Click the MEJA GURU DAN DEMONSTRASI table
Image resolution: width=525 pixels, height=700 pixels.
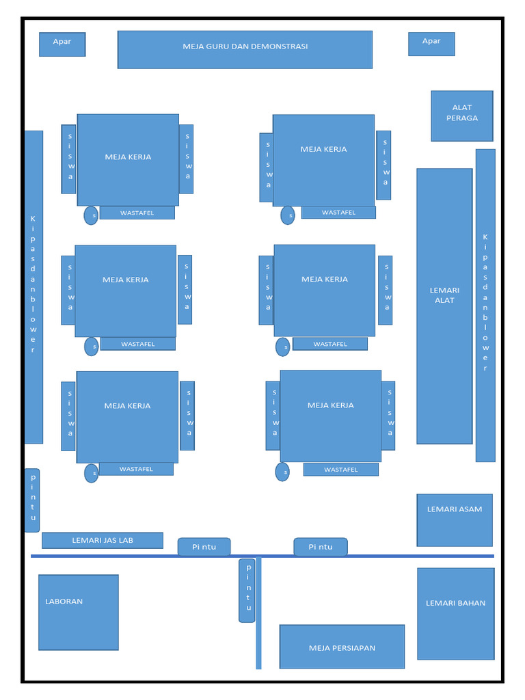(245, 49)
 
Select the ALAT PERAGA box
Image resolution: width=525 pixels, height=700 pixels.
(462, 116)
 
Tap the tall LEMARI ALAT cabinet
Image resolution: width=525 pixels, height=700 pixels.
(444, 306)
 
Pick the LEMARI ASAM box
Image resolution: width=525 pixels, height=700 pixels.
(455, 520)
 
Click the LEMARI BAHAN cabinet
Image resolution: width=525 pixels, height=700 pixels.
(456, 614)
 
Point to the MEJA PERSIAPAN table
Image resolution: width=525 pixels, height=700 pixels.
(342, 647)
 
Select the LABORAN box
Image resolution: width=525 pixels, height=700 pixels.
(79, 612)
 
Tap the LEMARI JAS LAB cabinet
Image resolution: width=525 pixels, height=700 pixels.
(103, 540)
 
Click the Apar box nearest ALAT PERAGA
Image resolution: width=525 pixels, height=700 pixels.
(431, 44)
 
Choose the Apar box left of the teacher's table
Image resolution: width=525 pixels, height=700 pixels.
(62, 44)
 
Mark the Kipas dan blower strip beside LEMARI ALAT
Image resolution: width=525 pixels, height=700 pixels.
(485, 306)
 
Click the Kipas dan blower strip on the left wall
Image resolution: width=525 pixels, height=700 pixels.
(33, 287)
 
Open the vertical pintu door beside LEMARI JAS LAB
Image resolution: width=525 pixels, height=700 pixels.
(32, 500)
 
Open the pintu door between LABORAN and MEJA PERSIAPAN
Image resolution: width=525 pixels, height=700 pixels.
(247, 590)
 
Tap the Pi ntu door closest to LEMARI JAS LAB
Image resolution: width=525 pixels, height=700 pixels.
(204, 547)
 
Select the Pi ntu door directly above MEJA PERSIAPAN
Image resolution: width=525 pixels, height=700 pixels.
(321, 547)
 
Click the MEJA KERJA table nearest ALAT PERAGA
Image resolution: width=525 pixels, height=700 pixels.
(323, 160)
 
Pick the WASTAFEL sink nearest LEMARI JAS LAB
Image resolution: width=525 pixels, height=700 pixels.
(136, 469)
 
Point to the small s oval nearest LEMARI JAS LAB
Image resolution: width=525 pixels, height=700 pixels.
(92, 473)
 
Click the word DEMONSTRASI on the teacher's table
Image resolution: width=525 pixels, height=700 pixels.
(280, 46)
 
